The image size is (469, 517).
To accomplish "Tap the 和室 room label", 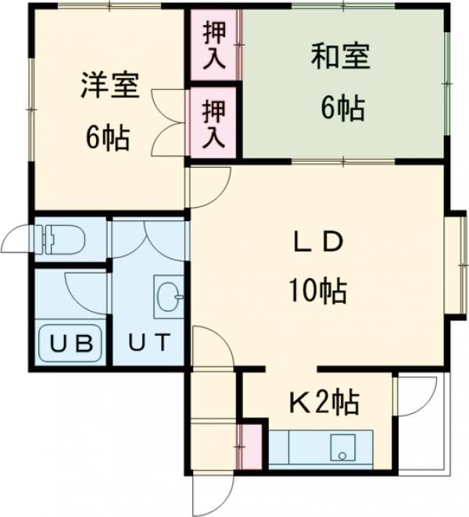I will point(340,57).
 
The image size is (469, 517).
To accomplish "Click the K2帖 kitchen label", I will point(324,403).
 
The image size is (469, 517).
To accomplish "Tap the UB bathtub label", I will point(71,342).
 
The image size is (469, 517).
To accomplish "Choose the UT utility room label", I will point(148,342).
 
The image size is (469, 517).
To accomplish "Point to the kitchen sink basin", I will point(342,450).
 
